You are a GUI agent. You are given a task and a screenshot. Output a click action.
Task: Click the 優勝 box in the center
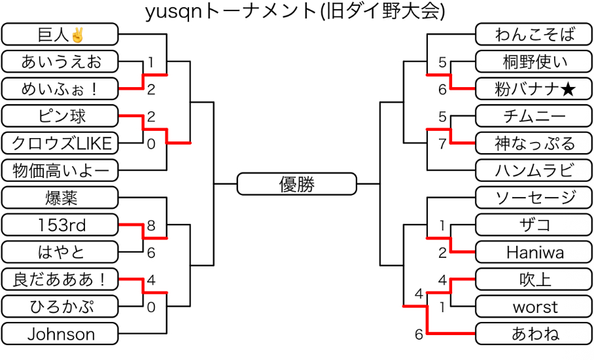point(297,184)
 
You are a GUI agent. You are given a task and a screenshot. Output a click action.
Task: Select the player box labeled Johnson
point(60,334)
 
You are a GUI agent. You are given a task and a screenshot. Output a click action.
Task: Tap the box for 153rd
point(60,225)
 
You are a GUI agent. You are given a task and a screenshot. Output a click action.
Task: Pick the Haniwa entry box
point(534,252)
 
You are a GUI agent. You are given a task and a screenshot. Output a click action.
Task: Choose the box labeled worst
point(534,306)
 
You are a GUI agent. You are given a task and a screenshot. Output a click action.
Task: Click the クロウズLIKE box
point(60,143)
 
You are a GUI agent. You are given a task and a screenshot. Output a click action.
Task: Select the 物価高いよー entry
point(60,171)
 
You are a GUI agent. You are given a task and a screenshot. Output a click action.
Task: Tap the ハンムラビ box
point(534,171)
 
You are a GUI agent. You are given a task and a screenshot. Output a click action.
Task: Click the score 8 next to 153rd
point(151,226)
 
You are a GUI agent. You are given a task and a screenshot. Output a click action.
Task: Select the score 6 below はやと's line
point(151,253)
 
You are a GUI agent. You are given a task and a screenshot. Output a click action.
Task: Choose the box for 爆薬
point(60,198)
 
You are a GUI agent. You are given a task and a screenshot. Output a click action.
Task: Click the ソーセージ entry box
point(534,198)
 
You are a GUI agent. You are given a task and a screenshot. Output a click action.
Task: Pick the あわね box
point(534,334)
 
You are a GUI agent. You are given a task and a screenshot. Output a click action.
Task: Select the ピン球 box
point(60,117)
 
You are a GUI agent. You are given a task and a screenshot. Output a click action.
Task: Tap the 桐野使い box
point(534,62)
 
